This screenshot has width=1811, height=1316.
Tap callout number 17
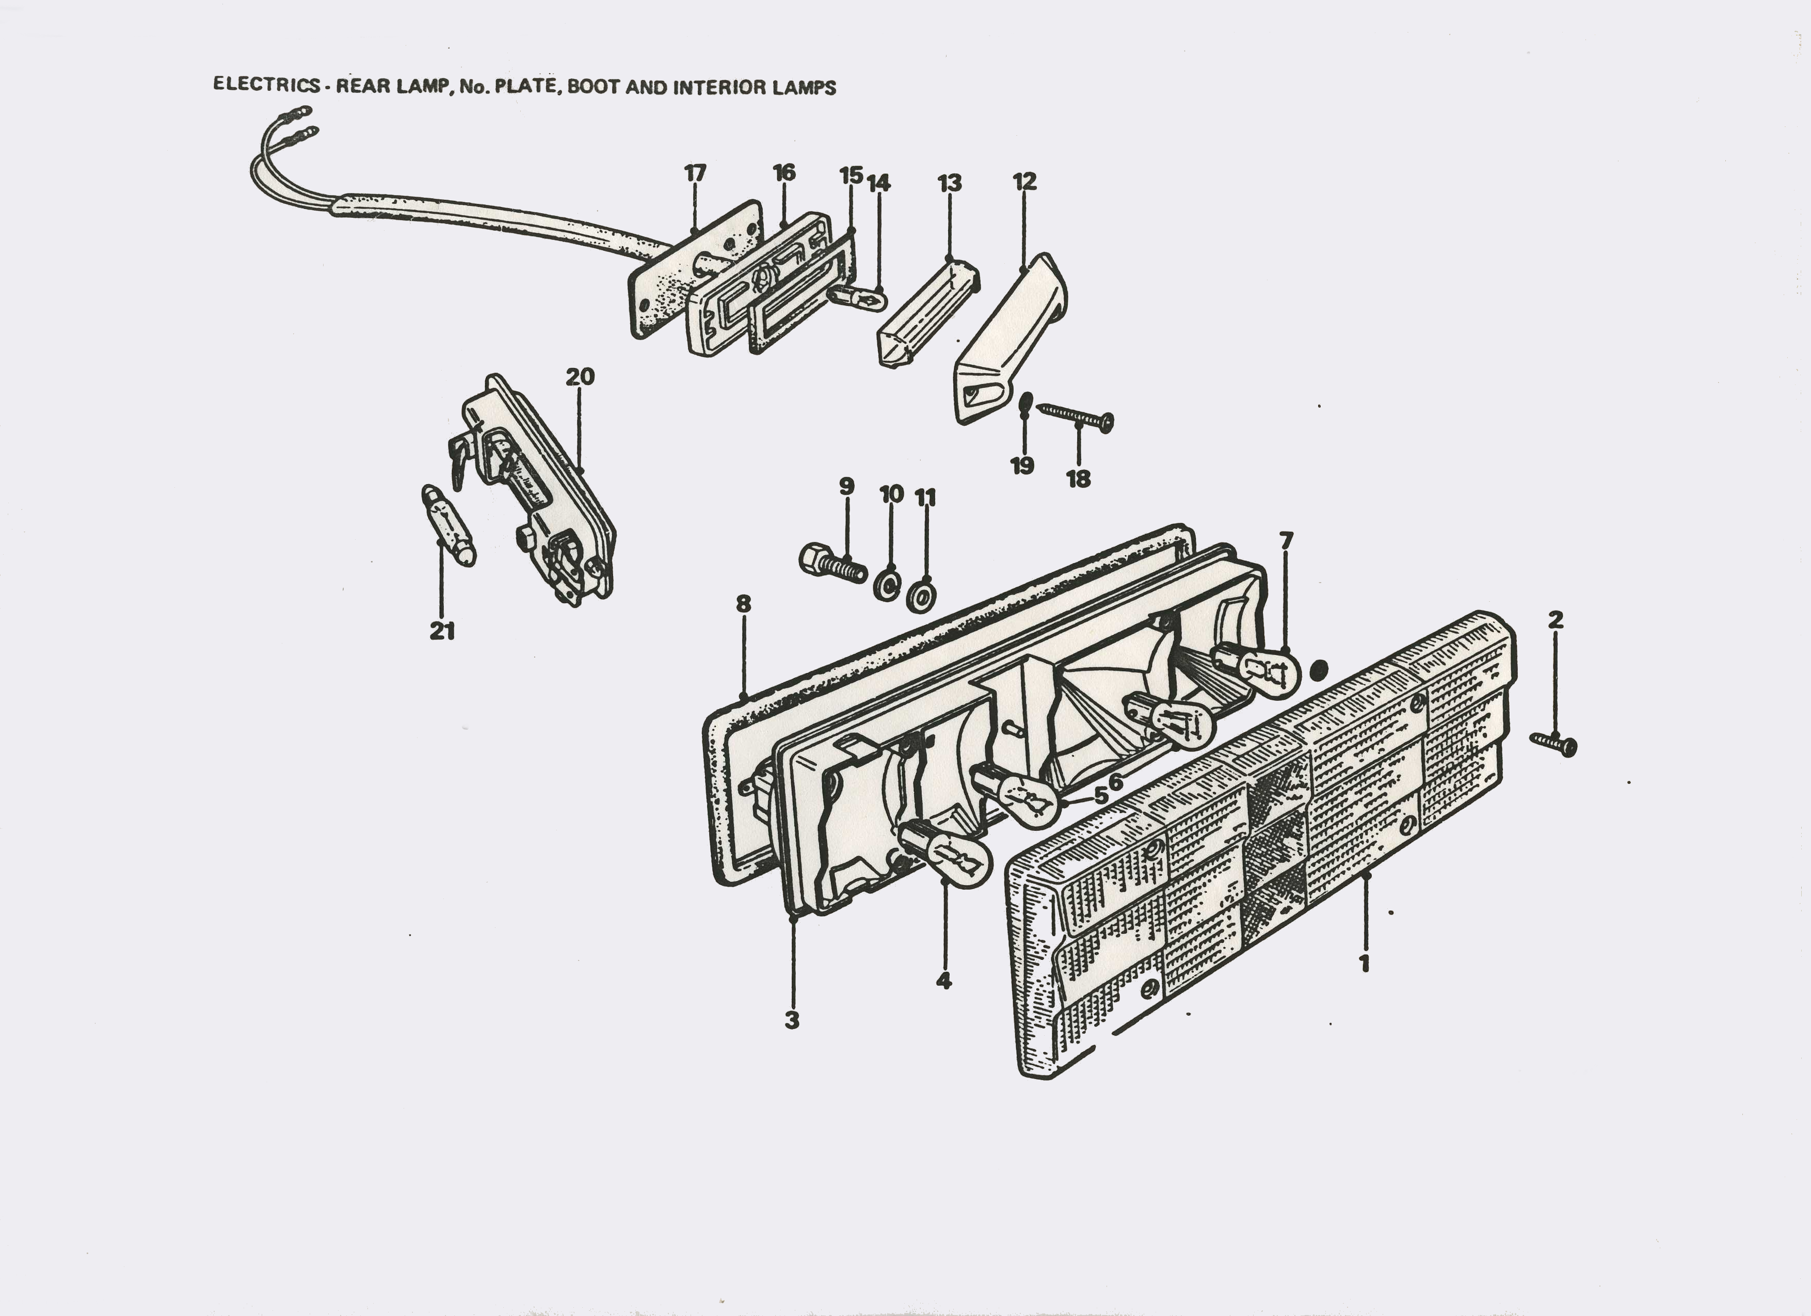click(696, 172)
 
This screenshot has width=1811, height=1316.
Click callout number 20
click(581, 376)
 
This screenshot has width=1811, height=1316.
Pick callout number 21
click(442, 631)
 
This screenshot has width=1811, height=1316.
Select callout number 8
click(743, 604)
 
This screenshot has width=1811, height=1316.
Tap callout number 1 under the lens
click(1365, 963)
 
